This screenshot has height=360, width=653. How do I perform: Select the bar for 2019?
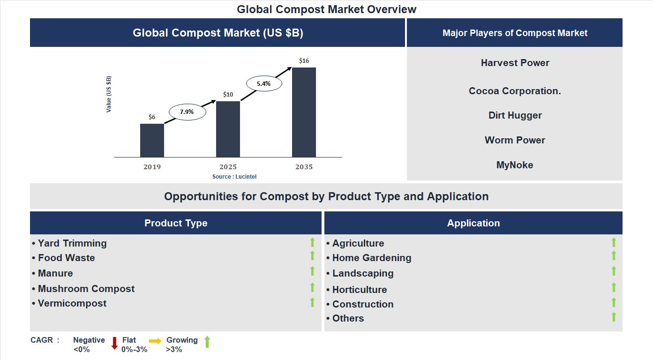pos(152,141)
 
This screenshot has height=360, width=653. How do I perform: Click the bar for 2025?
pos(228,129)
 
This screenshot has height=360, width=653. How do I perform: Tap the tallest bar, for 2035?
pos(304,112)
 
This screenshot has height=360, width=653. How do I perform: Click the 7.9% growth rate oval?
pos(187,112)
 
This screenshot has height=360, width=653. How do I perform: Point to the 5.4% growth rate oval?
pos(263,84)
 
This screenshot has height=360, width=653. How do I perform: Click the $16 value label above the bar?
pos(304,61)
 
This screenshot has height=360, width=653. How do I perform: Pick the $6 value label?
pos(152,117)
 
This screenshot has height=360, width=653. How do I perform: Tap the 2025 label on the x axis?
pos(228,167)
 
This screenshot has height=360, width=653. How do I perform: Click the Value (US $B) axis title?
pos(109,94)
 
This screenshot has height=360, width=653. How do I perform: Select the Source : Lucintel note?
pos(234,177)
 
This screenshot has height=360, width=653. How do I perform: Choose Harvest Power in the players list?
pos(515,63)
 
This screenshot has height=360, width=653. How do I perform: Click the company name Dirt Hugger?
pos(515,115)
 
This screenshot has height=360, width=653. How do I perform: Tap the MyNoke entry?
pos(515,165)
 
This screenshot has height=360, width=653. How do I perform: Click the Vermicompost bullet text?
pos(72,303)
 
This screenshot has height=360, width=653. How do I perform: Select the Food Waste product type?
pos(67,258)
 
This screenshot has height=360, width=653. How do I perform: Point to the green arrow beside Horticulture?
pos(614,287)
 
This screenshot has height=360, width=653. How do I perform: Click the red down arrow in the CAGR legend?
pos(114,343)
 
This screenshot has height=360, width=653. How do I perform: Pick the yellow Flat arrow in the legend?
pos(155,341)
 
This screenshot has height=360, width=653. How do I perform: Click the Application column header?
pos(473,223)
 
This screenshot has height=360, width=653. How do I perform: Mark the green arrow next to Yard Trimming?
pos(312,242)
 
